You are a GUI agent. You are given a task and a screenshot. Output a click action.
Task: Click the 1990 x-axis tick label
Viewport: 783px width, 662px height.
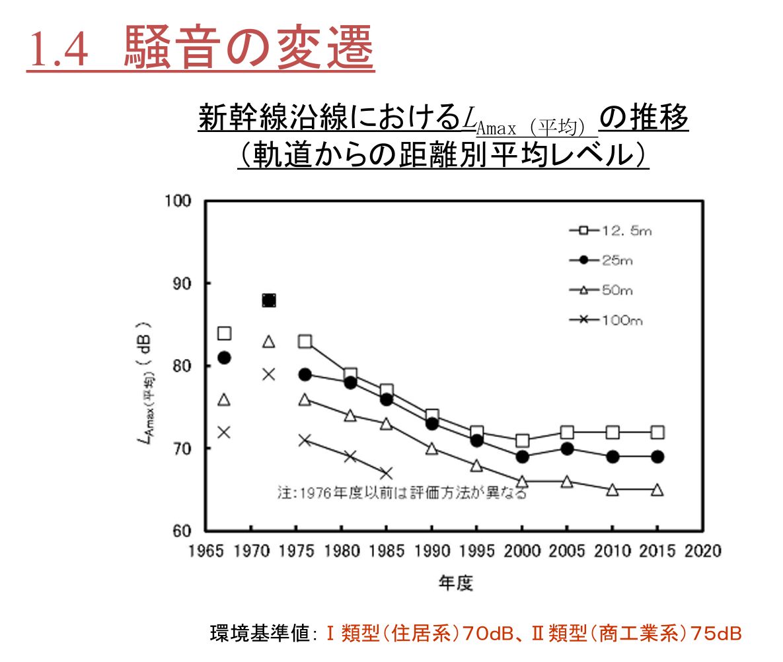[x=431, y=551]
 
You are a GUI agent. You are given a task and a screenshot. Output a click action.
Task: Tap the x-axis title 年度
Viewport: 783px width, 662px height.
[x=456, y=583]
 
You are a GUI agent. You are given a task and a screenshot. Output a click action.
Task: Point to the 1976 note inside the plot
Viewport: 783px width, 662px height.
[x=402, y=492]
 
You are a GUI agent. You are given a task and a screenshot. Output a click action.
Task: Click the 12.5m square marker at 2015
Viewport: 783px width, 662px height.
[x=657, y=432]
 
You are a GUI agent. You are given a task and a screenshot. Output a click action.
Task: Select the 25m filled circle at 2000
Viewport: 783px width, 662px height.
[x=522, y=457]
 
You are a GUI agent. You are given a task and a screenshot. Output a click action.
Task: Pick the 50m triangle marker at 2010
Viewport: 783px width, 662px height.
[x=613, y=490]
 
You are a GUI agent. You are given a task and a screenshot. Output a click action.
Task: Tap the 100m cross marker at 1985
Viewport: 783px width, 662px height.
[x=387, y=473]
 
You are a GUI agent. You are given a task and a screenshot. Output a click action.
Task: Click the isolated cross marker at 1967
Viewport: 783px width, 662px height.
[x=224, y=432]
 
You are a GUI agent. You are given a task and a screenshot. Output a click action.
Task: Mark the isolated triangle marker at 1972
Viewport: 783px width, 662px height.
[x=269, y=341]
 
